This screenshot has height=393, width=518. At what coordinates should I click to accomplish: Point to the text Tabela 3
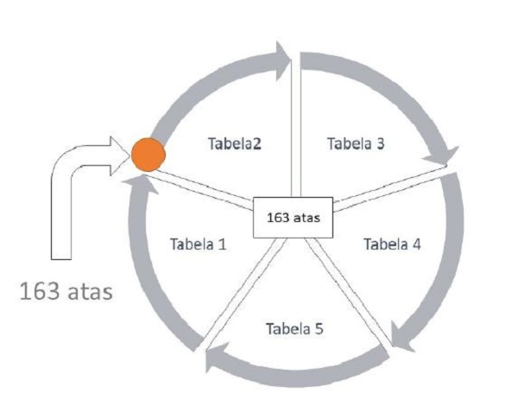(356, 143)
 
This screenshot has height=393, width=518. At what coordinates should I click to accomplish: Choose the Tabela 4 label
(392, 244)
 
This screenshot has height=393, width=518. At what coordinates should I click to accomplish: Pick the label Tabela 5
(294, 329)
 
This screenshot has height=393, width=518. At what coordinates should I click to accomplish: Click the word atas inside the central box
(306, 218)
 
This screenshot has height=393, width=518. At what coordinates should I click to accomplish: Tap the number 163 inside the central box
(279, 218)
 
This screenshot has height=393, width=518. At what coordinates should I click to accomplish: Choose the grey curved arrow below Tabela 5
(294, 376)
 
